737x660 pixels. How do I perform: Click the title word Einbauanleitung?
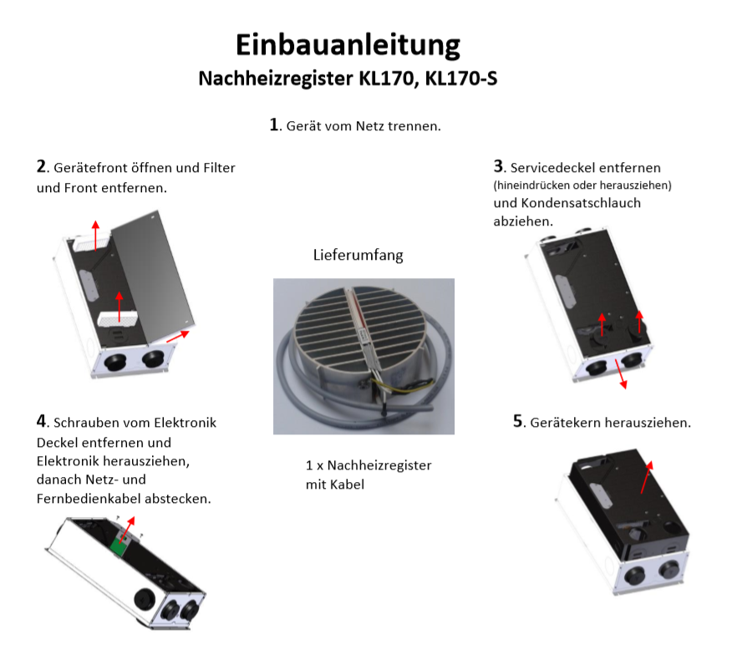click(348, 46)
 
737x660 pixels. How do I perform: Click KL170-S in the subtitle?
click(461, 78)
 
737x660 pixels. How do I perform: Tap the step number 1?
click(274, 124)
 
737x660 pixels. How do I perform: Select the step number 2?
click(42, 166)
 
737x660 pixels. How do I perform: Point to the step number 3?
click(498, 166)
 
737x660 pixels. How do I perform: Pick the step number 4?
click(42, 421)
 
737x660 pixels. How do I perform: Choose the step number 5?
click(518, 421)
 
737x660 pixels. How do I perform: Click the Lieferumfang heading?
click(358, 255)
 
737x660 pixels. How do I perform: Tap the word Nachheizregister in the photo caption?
click(379, 465)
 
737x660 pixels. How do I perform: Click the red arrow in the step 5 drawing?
click(647, 477)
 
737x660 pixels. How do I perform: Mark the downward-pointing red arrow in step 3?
click(621, 374)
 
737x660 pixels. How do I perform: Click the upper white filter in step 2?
click(92, 243)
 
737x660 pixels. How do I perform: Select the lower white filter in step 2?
click(118, 318)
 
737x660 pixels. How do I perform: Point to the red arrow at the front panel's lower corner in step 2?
click(178, 336)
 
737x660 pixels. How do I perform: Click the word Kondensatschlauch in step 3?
click(581, 203)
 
